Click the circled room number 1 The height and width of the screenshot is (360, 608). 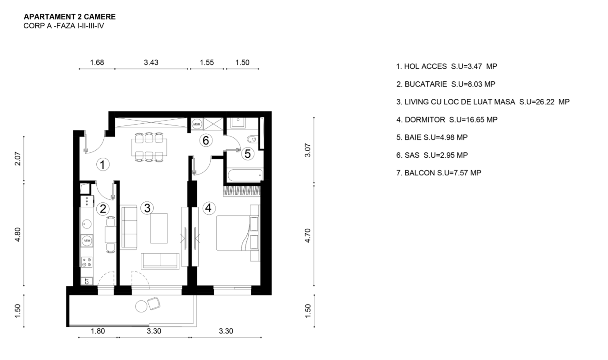point(102,164)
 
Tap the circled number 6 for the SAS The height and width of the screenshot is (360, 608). point(206,140)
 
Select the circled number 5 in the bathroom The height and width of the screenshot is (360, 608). point(248,154)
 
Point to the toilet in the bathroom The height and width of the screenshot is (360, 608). point(252,139)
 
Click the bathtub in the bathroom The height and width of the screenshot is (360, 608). point(245,175)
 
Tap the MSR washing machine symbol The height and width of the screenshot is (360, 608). point(196,125)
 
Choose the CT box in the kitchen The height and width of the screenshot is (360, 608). point(87,281)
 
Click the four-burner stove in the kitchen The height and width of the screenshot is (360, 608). point(87,262)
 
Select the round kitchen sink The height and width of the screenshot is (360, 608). point(87,224)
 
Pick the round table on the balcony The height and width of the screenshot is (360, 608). point(141,307)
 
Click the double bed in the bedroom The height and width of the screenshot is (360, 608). point(238,233)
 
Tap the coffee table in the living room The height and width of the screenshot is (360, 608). point(159,228)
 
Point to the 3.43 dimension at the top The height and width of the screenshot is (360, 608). point(151,62)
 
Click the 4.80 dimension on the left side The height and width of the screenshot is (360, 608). point(17,235)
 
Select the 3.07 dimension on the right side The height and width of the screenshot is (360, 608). point(307,150)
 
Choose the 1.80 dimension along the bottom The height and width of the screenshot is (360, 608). point(98,331)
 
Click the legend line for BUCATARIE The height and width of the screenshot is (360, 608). point(446,84)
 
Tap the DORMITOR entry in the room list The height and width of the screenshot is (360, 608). point(447,120)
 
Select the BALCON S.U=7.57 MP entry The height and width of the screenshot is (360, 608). point(438,173)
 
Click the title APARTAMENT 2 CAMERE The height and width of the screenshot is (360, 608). point(70,17)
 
